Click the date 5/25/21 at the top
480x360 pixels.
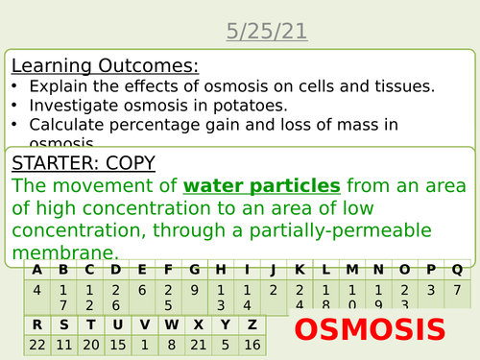tap(267, 32)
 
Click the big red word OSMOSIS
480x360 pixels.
tap(370, 329)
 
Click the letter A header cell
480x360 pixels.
tap(36, 270)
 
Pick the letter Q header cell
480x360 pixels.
tap(457, 270)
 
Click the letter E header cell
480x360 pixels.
tap(142, 270)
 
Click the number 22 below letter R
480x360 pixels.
tap(36, 345)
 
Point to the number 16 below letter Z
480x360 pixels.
tap(251, 345)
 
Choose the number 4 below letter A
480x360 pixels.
tap(36, 289)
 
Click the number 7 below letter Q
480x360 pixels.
tap(457, 289)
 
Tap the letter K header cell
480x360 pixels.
tap(300, 270)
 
